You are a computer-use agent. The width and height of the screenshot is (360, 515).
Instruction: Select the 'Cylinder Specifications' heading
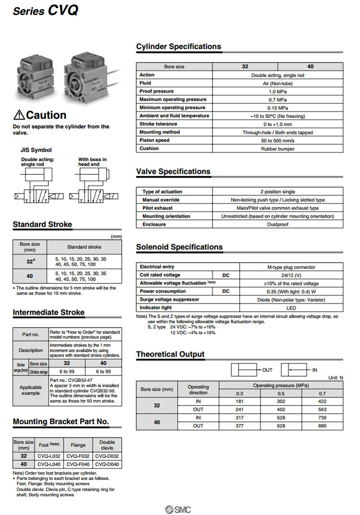(x=179, y=47)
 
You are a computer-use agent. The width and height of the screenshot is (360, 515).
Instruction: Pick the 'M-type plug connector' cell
(x=291, y=267)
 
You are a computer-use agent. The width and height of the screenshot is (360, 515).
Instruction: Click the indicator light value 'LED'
(x=291, y=307)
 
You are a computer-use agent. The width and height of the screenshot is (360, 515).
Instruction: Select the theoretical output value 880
(x=322, y=426)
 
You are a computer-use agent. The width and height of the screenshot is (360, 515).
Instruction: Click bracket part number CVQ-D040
(x=107, y=465)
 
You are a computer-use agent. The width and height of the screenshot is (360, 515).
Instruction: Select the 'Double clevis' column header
(x=107, y=445)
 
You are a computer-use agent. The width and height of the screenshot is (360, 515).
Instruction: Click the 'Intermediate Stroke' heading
(x=48, y=312)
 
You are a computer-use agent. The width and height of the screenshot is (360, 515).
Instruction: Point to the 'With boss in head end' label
(x=92, y=162)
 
